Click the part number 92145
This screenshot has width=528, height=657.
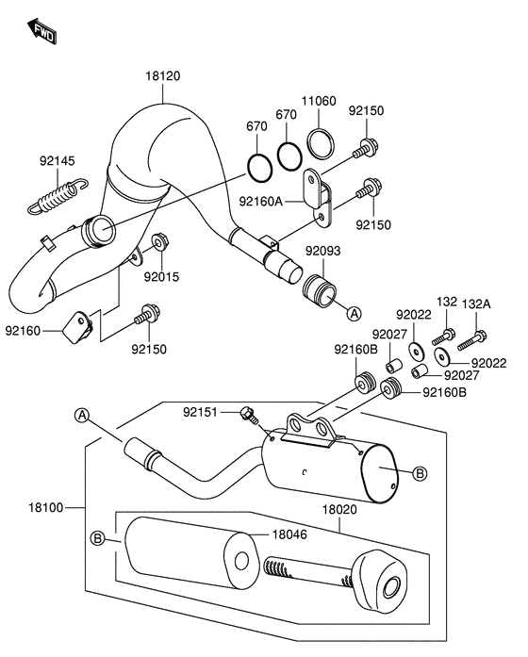pyautogui.click(x=56, y=161)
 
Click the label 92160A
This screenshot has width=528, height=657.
pyautogui.click(x=259, y=200)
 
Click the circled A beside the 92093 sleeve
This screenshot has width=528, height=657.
pyautogui.click(x=353, y=311)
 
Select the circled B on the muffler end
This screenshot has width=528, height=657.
pyautogui.click(x=421, y=472)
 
